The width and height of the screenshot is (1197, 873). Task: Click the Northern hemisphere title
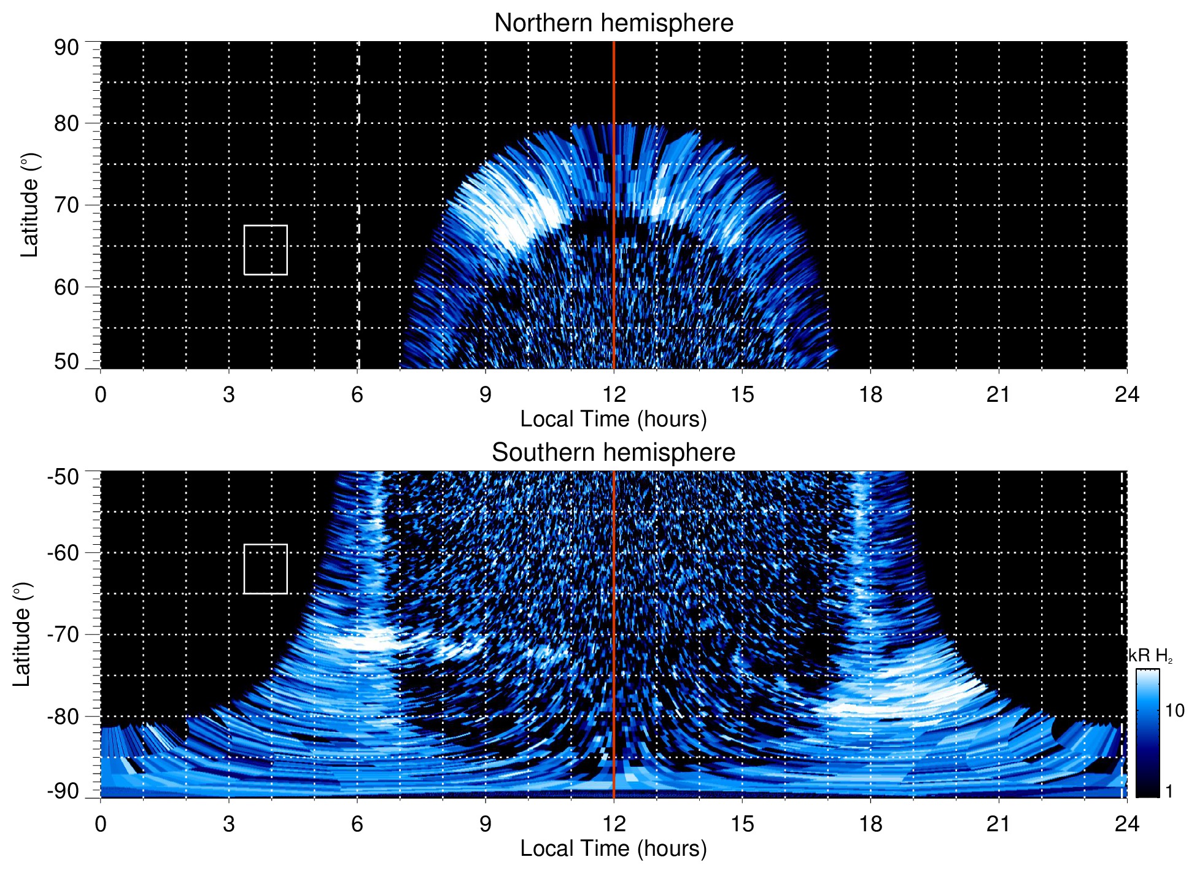click(x=613, y=23)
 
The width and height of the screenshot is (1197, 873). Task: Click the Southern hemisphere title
click(x=613, y=453)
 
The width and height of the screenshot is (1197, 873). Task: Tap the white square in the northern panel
click(x=265, y=250)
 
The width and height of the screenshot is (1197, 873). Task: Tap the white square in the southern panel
click(x=265, y=569)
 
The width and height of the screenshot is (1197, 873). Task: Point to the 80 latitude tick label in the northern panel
click(x=66, y=123)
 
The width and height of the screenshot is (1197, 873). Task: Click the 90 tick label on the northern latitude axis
click(x=66, y=48)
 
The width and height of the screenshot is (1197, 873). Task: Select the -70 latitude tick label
click(x=63, y=634)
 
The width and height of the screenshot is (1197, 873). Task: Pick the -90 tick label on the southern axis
click(x=63, y=791)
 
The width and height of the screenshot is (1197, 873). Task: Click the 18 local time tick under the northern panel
click(x=870, y=394)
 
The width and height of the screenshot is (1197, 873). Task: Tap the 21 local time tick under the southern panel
click(x=998, y=824)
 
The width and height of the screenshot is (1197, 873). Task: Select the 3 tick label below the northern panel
click(x=229, y=394)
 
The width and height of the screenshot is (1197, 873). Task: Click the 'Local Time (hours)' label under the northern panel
click(x=613, y=419)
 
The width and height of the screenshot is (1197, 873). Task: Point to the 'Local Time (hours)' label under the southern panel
click(x=613, y=848)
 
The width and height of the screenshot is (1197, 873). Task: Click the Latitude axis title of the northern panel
click(x=29, y=205)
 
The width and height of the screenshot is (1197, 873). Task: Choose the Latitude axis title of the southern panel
click(x=22, y=634)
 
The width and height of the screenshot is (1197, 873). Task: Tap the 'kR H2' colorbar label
click(x=1150, y=656)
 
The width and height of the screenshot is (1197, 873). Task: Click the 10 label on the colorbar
click(x=1174, y=711)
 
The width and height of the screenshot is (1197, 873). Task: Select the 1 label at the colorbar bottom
click(x=1169, y=791)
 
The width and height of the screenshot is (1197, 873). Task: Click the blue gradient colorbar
click(x=1147, y=733)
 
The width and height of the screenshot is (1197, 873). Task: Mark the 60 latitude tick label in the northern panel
click(x=66, y=287)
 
